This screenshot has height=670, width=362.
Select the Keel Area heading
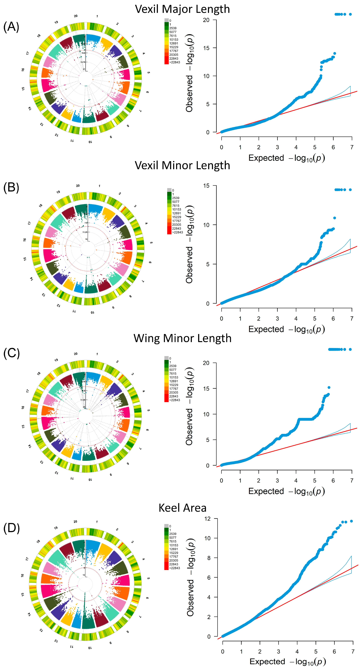pyautogui.click(x=182, y=508)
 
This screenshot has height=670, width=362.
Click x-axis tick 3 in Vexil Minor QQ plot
pyautogui.click(x=277, y=319)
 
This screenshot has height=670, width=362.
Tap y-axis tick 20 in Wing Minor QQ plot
pyautogui.click(x=206, y=363)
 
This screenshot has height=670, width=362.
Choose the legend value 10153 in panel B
pyautogui.click(x=177, y=209)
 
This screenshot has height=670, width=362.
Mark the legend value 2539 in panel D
pyautogui.click(x=173, y=534)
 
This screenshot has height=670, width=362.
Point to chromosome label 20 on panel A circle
pyautogui.click(x=76, y=16)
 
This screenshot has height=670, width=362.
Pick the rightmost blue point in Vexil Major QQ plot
pyautogui.click(x=350, y=14)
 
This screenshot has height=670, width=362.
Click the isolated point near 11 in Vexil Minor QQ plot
pyautogui.click(x=334, y=218)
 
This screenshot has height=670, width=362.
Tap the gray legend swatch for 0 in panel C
pyautogui.click(x=166, y=358)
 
